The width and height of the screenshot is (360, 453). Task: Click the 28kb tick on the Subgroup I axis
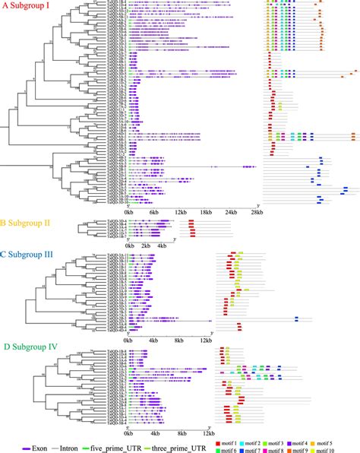click(258, 212)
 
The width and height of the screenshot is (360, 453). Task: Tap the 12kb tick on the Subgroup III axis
click(206, 341)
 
